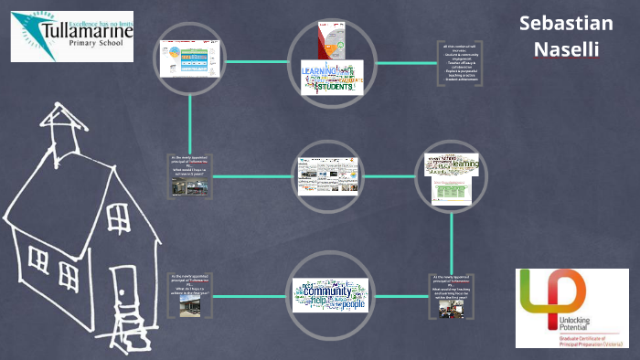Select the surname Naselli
tap(566, 48)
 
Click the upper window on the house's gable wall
tap(118, 217)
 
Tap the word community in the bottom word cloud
tap(328, 291)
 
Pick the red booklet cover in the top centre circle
tap(325, 42)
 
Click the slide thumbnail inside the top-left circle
tap(190, 61)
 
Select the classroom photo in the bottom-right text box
tap(453, 309)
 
